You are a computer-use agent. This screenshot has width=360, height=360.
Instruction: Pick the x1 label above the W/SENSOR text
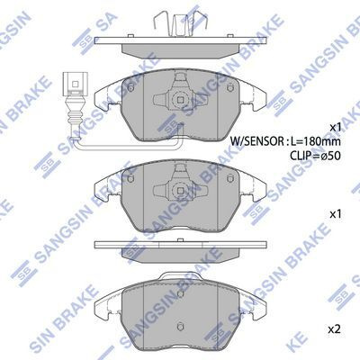(x=336, y=126)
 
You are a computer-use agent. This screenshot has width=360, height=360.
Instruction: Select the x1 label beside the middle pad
(x=336, y=215)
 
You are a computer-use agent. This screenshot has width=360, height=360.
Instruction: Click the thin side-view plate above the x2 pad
(x=180, y=246)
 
